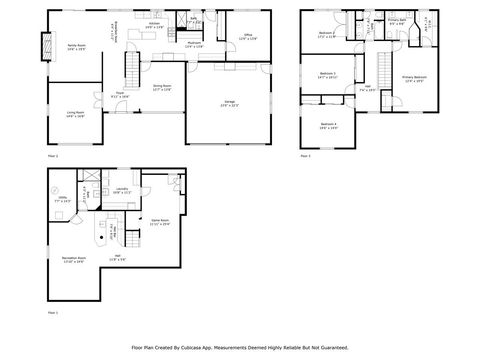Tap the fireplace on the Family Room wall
pos(44,45)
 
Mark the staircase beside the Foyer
pos(129,69)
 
